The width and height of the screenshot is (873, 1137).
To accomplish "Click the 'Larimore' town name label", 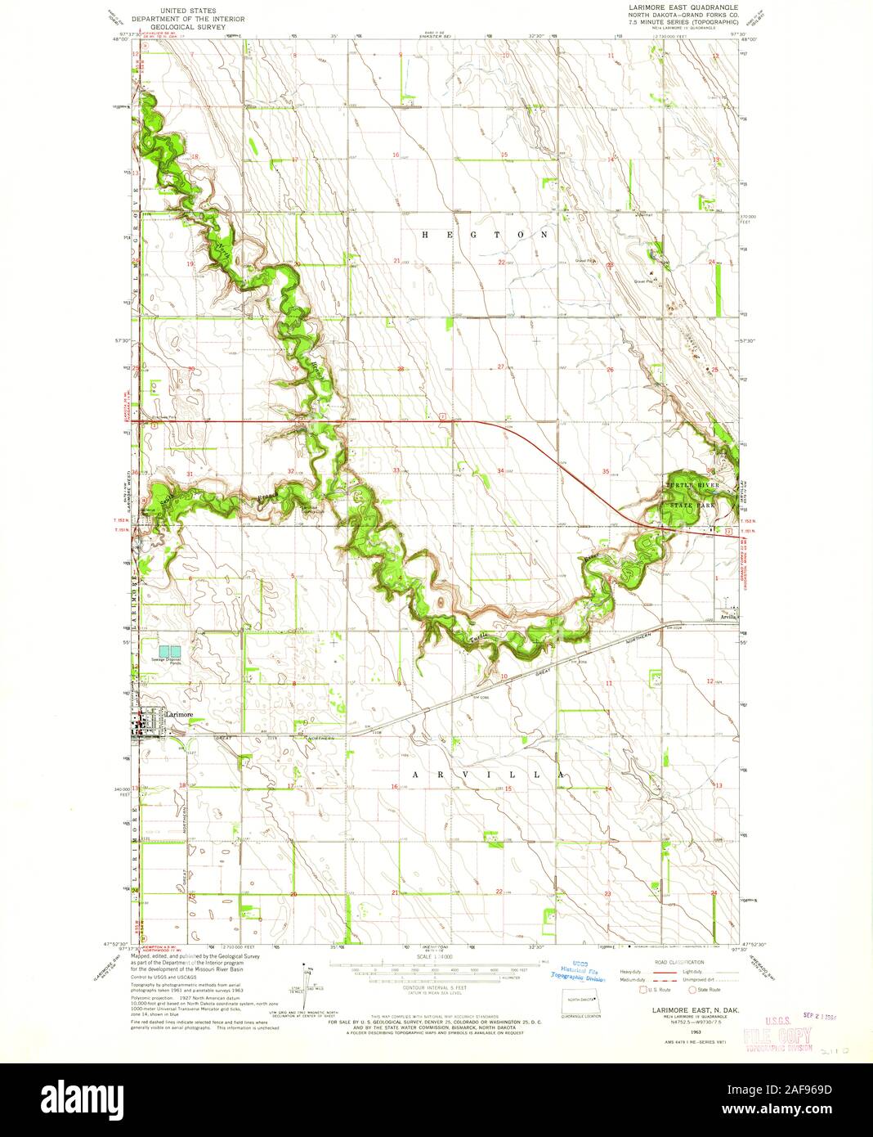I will coord(179,714).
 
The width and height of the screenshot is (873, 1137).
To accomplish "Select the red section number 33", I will coord(396,470).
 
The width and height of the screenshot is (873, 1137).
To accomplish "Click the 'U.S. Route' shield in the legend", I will coord(642,990).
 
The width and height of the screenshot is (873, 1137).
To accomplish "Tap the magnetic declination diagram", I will coord(307,982).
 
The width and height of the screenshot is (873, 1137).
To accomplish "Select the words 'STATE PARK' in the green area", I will coord(692,506).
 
